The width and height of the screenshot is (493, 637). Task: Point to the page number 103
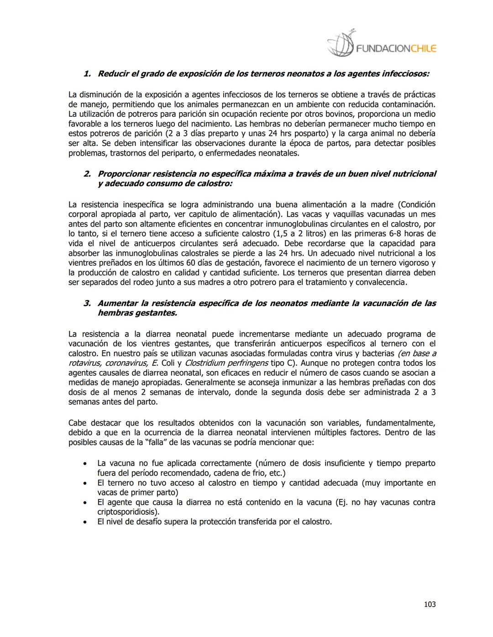(430, 604)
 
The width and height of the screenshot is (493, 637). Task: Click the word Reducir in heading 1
(113, 73)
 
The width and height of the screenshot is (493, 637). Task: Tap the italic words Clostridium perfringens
(226, 363)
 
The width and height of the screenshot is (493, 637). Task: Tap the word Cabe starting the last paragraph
(77, 423)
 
